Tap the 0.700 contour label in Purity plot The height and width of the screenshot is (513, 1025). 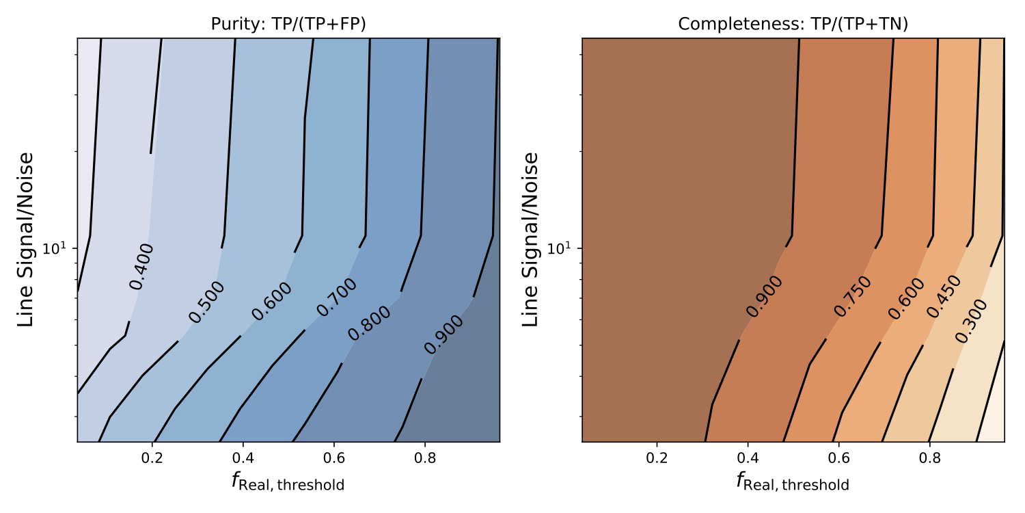pyautogui.click(x=336, y=297)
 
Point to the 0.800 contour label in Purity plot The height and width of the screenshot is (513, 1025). pyautogui.click(x=369, y=324)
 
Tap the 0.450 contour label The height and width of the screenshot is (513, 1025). pyautogui.click(x=943, y=296)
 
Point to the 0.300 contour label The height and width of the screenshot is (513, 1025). pyautogui.click(x=970, y=321)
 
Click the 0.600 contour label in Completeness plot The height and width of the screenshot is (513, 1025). pyautogui.click(x=906, y=299)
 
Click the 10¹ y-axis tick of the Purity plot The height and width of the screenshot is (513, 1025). pyautogui.click(x=57, y=248)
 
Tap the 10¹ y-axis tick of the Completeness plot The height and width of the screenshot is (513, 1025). pyautogui.click(x=562, y=248)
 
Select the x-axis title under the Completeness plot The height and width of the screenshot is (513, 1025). pyautogui.click(x=793, y=482)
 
